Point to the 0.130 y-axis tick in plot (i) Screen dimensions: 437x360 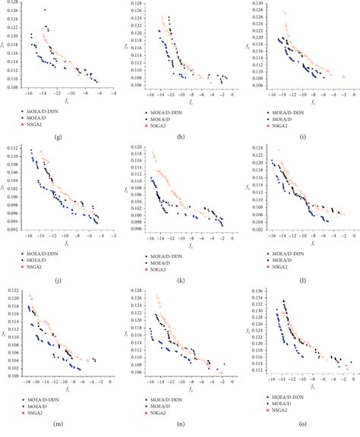point(257,4)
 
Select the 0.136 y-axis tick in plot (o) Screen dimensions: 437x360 point(257,291)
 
